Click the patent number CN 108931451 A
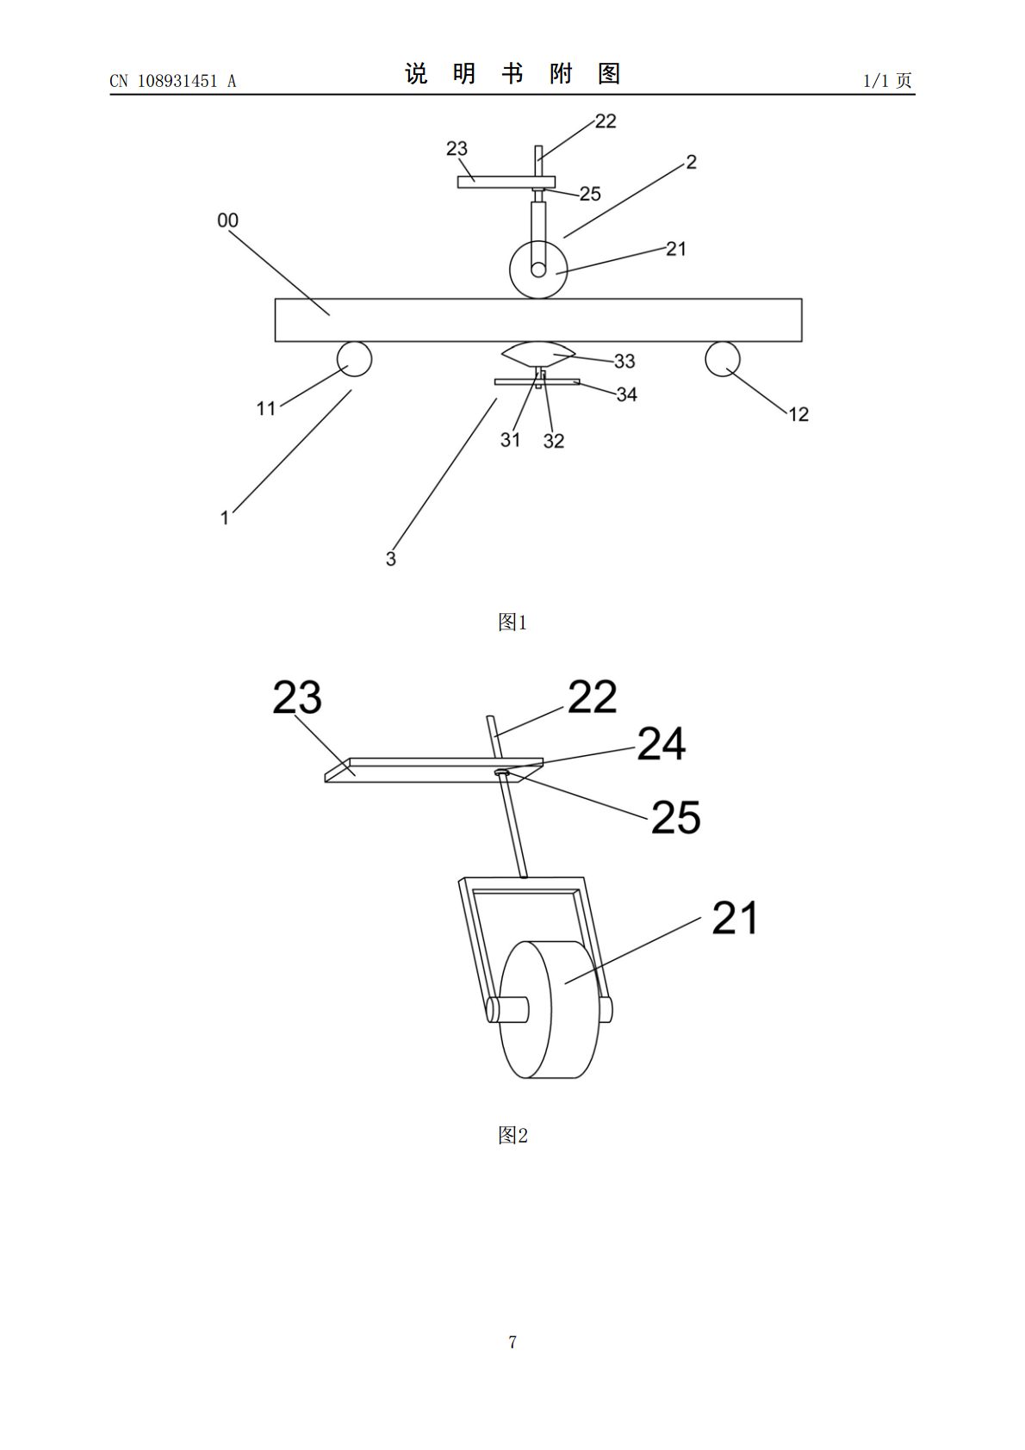click(173, 81)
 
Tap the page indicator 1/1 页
click(888, 80)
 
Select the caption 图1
click(512, 622)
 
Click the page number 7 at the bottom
click(512, 1342)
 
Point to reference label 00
click(228, 220)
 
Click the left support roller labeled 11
click(354, 358)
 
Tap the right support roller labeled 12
click(723, 358)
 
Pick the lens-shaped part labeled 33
click(538, 354)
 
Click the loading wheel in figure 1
click(538, 270)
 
